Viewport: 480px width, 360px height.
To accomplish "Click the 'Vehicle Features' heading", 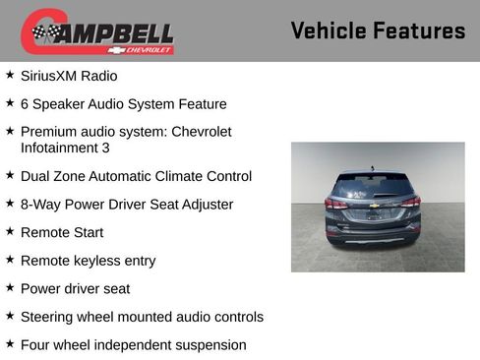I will point(378,30).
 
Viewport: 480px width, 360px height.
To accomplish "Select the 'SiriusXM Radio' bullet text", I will point(69,76).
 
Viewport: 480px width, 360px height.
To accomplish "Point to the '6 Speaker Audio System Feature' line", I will point(123,103).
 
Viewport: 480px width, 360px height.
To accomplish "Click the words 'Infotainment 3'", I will point(65,148).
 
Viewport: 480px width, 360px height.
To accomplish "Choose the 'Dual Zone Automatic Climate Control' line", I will point(136,176).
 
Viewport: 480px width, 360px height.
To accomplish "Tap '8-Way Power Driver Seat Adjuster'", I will point(127,205).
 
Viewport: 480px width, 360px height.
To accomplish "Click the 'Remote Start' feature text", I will point(62,232).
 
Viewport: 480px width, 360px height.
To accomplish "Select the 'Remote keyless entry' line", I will point(88,261).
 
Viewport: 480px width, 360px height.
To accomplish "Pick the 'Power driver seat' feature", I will point(75,288).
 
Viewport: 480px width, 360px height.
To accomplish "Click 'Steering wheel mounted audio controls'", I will point(142,317).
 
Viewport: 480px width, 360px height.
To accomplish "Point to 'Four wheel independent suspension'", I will point(133,345).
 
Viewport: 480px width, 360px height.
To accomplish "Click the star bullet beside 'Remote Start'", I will point(10,231).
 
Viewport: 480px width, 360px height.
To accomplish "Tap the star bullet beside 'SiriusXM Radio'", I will point(10,75).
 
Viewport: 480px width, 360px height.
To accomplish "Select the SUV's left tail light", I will point(336,204).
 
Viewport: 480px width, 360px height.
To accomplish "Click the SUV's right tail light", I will point(411,203).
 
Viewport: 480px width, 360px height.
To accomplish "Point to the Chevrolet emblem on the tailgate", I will point(374,206).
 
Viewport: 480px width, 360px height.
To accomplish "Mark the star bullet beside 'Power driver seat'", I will point(10,287).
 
